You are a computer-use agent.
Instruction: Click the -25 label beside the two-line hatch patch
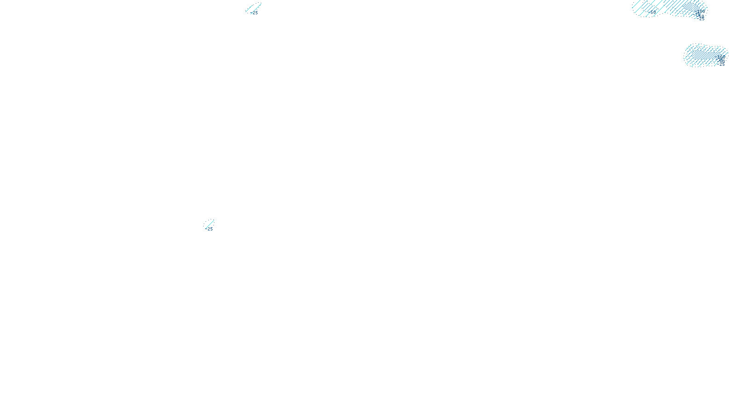coord(254,13)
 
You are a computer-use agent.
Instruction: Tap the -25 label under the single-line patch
coord(209,229)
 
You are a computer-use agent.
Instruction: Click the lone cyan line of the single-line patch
coord(210,224)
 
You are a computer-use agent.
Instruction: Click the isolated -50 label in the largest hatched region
coord(652,12)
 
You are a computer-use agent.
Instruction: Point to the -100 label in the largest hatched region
coord(701,11)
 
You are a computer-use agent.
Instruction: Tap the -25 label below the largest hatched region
coord(701,19)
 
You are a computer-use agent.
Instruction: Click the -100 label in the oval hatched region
coord(720,57)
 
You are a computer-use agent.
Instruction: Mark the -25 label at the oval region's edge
coord(721,64)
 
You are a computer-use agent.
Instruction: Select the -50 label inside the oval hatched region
coord(722,61)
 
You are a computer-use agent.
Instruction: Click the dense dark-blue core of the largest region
coord(691,6)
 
